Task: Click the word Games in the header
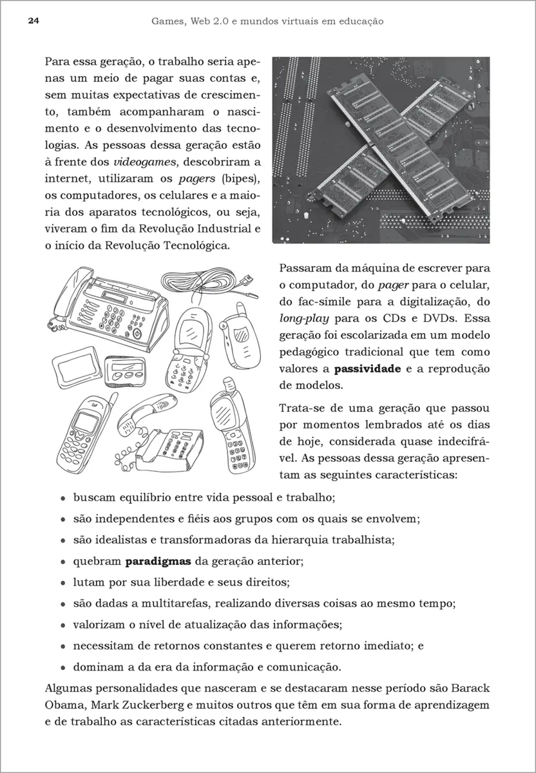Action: [x=169, y=21]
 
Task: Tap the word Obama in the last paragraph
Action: [x=64, y=704]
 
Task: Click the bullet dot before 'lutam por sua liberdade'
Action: [x=63, y=583]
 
